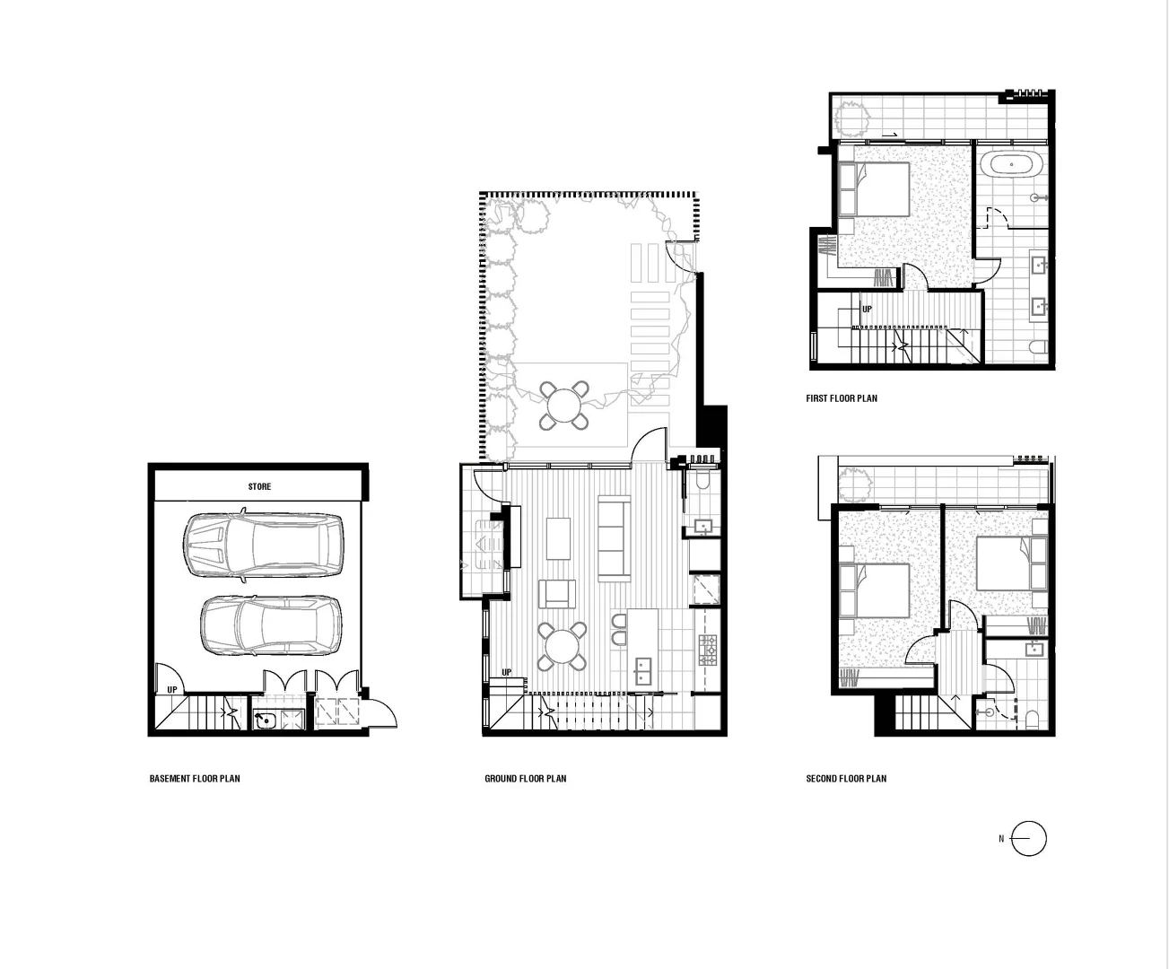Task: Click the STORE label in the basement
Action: point(259,486)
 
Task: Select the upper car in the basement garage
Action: point(264,546)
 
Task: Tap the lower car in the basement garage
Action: point(271,624)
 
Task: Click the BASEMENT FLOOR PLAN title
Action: point(195,779)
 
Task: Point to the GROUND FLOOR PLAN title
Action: point(525,779)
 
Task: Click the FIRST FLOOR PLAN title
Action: point(842,398)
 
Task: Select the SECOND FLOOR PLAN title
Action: point(846,779)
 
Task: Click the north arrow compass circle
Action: point(1029,839)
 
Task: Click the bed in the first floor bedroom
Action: point(875,188)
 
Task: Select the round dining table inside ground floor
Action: point(563,647)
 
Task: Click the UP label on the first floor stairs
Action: point(867,309)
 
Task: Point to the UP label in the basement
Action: point(172,689)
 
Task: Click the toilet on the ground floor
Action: point(703,481)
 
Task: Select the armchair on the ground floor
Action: point(557,594)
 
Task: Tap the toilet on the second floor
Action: point(1032,718)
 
